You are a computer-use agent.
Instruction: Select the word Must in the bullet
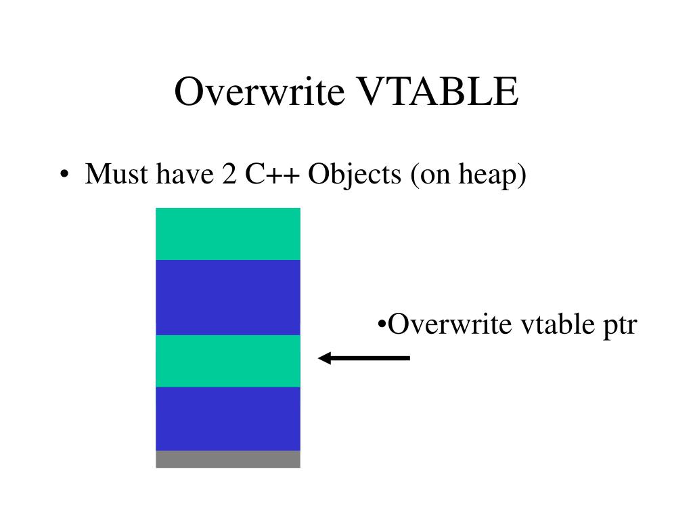(x=117, y=175)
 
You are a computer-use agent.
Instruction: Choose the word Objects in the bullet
(x=355, y=176)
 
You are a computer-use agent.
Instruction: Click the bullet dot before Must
(x=63, y=176)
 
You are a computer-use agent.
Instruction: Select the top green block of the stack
(x=227, y=234)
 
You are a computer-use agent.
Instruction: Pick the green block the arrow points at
(x=227, y=360)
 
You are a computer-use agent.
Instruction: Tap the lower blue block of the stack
(x=227, y=418)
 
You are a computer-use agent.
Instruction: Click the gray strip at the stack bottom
(x=227, y=459)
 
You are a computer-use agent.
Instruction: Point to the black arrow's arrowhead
(x=323, y=357)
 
